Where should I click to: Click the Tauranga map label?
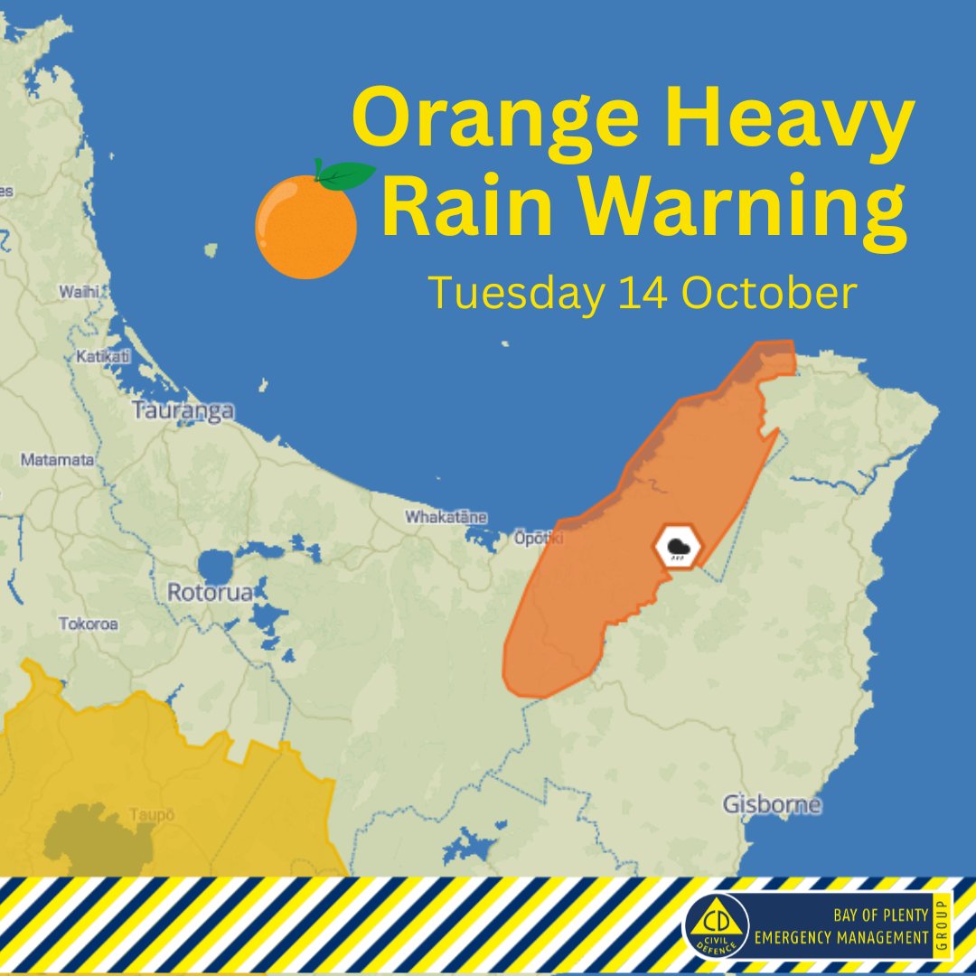pos(183,411)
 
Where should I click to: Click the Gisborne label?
pos(773,803)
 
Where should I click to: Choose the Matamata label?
pos(57,460)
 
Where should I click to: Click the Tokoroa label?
pos(89,624)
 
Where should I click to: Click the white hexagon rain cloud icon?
pos(677,547)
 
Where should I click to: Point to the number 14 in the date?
pos(643,294)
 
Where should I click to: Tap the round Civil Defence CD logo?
pos(717,925)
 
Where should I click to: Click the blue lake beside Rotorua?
pos(215,567)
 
